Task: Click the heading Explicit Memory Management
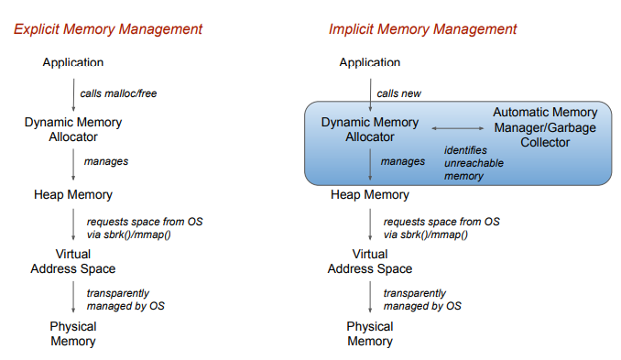pos(108,29)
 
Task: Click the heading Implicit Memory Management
pos(422,29)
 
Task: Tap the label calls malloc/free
pos(118,93)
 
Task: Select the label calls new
pos(398,93)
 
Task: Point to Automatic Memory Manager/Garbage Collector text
pos(545,127)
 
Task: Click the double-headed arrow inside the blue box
pos(457,128)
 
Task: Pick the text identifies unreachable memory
pos(474,163)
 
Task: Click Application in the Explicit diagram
pos(73,62)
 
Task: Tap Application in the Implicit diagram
pos(370,62)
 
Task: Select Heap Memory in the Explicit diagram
pos(73,194)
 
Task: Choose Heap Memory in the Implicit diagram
pos(370,194)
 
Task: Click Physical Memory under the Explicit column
pos(73,333)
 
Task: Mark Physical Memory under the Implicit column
pos(370,333)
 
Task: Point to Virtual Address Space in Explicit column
pos(73,261)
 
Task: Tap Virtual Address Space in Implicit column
pos(370,261)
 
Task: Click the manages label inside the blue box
pos(403,161)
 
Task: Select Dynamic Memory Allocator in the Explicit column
pos(73,129)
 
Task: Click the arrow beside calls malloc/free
pos(73,94)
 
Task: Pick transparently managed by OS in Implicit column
pos(422,300)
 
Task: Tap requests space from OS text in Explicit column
pos(145,222)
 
